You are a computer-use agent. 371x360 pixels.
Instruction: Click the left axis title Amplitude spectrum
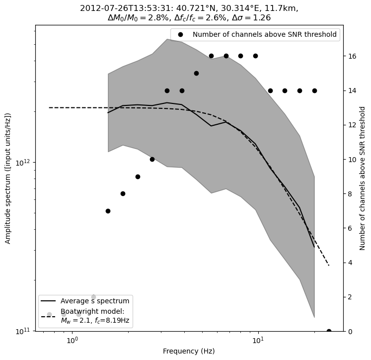click(x=8, y=178)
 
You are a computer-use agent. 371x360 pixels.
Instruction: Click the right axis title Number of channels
click(x=363, y=178)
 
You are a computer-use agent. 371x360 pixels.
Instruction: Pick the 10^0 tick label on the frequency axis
click(x=73, y=340)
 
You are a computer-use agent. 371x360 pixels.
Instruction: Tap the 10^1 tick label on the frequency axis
click(x=258, y=340)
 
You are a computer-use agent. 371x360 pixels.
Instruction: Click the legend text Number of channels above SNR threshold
click(x=264, y=34)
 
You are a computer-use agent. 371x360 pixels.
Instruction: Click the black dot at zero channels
click(x=329, y=331)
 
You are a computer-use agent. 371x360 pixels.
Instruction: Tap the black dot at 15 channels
click(x=196, y=73)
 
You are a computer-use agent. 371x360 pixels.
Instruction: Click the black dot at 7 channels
click(x=108, y=211)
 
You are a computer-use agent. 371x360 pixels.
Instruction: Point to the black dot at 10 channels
click(x=152, y=159)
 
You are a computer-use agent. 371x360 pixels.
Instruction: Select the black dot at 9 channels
click(x=138, y=177)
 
